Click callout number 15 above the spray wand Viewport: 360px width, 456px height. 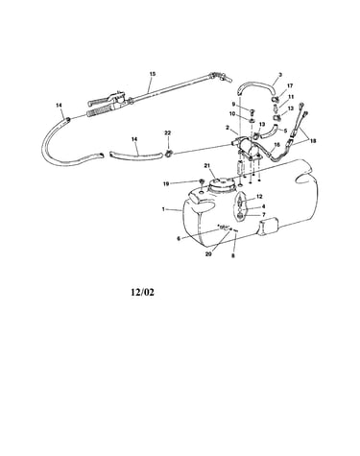pos(153,74)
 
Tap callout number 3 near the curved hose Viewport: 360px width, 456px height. pos(280,75)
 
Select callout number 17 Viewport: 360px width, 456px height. pos(290,85)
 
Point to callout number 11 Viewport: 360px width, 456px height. pos(291,97)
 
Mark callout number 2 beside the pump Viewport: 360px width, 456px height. pos(228,128)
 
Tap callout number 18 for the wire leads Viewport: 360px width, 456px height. pos(313,140)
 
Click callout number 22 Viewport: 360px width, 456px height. pos(168,132)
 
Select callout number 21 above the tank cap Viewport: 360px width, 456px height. pos(206,165)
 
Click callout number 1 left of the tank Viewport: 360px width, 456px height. pos(163,209)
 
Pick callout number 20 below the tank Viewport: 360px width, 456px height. pos(208,254)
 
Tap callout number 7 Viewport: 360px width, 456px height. pos(263,214)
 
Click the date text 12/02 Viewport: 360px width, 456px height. pos(143,292)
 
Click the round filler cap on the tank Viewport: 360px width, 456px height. pos(220,186)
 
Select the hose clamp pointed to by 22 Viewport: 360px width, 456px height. pos(168,154)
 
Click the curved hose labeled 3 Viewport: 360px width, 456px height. pos(256,85)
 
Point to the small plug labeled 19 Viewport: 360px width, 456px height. pos(203,182)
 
